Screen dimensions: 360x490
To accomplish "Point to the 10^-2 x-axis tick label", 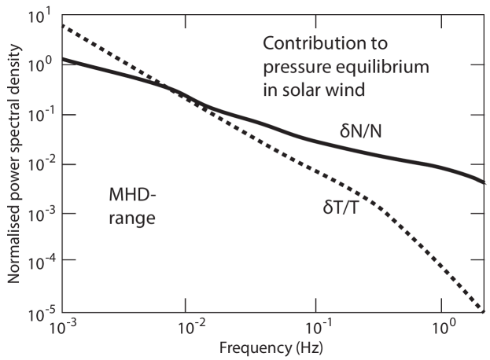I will click(x=188, y=325).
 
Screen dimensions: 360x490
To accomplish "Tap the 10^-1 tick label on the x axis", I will click(x=319, y=325).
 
